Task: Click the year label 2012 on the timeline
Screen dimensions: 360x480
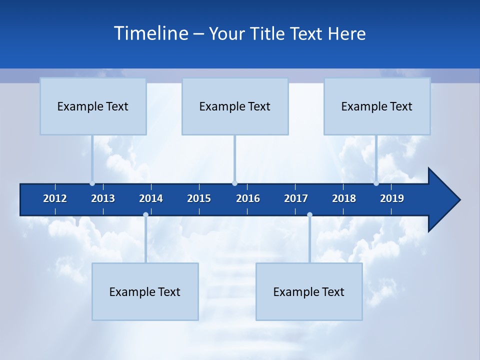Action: (x=55, y=198)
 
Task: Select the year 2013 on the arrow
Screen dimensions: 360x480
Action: (x=103, y=198)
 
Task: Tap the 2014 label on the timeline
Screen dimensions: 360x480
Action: (x=151, y=198)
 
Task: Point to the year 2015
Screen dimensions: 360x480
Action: (x=199, y=198)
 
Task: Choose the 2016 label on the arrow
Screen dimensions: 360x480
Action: (x=248, y=198)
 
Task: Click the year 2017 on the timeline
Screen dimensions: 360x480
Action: (x=296, y=198)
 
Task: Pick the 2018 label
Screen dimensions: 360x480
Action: (x=344, y=198)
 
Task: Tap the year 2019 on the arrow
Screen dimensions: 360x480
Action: (x=392, y=198)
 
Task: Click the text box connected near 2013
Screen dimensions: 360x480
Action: (x=93, y=106)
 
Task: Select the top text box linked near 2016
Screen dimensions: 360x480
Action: (x=235, y=106)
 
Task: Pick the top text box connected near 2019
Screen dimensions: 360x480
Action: (x=377, y=106)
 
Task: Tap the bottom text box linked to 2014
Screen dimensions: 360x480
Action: (x=145, y=291)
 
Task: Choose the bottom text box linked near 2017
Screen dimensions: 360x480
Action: (x=309, y=291)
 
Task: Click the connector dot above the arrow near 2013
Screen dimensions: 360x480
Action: (x=92, y=183)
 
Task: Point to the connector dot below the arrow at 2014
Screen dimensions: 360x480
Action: (x=145, y=215)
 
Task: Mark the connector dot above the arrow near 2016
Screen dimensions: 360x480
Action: (x=234, y=183)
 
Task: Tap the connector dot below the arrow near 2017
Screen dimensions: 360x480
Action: (x=309, y=215)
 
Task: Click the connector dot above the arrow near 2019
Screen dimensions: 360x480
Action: (x=376, y=183)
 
